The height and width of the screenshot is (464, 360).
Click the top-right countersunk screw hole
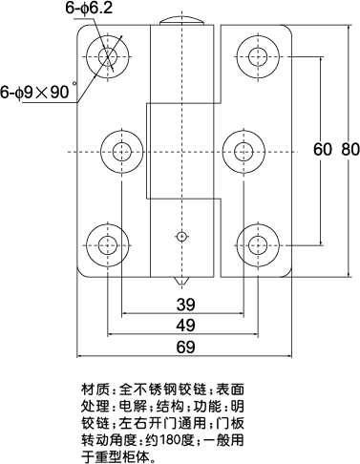point(256,54)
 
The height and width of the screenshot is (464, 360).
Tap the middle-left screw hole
point(122,151)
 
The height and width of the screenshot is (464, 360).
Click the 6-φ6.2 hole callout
point(89,9)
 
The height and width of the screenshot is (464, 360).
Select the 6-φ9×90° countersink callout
point(38,94)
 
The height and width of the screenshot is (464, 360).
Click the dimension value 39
point(186,305)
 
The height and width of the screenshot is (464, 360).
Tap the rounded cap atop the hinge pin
point(180,21)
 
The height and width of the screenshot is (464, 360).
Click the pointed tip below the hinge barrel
point(180,284)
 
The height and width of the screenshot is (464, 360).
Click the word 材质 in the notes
point(95,390)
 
